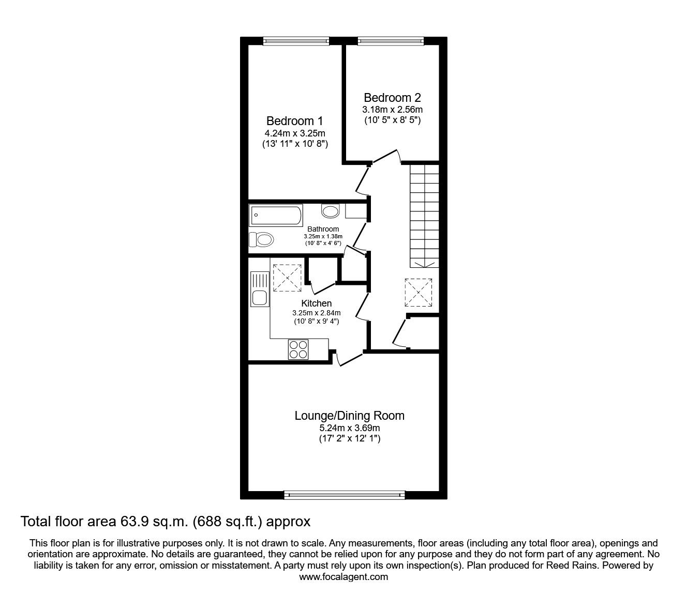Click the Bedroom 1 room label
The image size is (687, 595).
click(294, 121)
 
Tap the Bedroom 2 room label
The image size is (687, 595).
click(392, 98)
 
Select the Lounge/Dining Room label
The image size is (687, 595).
click(349, 416)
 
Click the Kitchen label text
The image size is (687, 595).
click(316, 303)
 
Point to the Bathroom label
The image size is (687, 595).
click(323, 229)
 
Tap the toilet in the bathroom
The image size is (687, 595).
click(261, 240)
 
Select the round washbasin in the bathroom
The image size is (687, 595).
click(330, 210)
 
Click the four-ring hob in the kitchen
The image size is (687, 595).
click(298, 349)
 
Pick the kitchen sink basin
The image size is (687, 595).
click(259, 298)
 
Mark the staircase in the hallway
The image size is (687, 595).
click(424, 215)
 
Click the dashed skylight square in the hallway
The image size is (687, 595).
click(418, 293)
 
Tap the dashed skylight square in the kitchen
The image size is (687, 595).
click(287, 278)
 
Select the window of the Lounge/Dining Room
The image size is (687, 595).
click(345, 495)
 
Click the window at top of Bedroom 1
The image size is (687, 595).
click(296, 41)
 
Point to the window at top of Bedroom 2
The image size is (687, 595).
click(391, 41)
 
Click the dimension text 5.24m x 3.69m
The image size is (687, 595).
click(349, 428)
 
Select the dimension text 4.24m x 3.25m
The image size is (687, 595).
click(294, 133)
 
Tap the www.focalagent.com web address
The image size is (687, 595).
click(343, 577)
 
